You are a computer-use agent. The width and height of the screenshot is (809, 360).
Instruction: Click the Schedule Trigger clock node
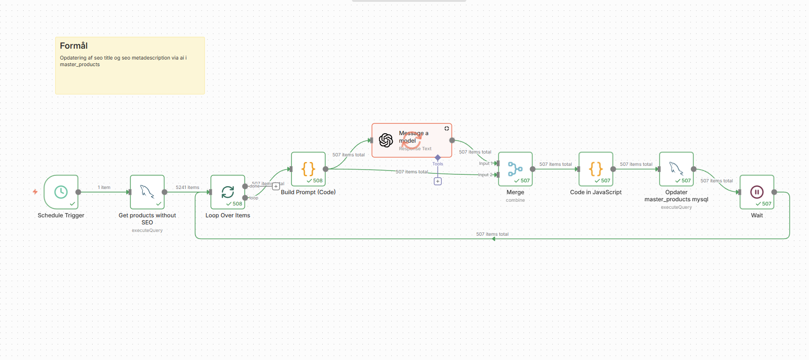(61, 192)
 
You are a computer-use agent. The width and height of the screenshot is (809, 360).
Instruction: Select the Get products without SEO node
(147, 192)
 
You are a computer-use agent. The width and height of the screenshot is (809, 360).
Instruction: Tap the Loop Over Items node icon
(228, 192)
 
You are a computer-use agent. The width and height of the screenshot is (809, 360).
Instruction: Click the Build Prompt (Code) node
(308, 169)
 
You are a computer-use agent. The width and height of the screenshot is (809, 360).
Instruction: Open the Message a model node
(412, 140)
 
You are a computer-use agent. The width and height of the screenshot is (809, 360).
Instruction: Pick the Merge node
(515, 169)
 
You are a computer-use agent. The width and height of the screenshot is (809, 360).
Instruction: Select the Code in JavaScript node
(595, 169)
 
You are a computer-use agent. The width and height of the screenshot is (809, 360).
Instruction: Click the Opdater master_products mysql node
(676, 169)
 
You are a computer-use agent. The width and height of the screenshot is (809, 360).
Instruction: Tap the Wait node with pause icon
(757, 192)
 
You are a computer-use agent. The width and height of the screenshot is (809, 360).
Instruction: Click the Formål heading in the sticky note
(74, 46)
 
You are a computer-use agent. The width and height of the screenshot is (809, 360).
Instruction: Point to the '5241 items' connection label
(187, 188)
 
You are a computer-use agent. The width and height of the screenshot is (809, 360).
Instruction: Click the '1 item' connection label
(104, 188)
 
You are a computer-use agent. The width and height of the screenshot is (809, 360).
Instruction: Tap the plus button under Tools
(438, 181)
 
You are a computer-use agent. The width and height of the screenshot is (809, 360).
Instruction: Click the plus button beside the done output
(276, 186)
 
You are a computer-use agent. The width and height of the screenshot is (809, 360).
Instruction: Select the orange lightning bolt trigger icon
(35, 192)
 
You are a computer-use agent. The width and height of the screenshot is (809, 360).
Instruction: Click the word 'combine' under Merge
(515, 200)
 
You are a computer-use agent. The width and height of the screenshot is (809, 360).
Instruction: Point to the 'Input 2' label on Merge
(485, 175)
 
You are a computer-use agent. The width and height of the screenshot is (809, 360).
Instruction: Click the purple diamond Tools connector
(438, 157)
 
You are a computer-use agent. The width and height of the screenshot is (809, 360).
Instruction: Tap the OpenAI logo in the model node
(386, 140)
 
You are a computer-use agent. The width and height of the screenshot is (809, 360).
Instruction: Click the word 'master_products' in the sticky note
(80, 65)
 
